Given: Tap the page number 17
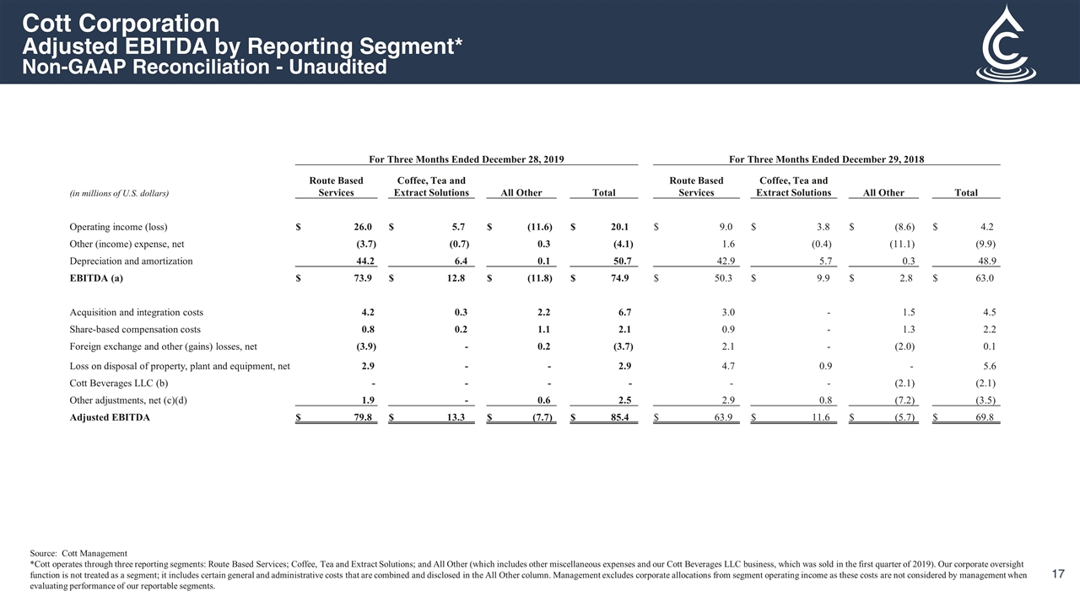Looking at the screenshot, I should click(1059, 574).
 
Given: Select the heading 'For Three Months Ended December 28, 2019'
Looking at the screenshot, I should click(467, 158).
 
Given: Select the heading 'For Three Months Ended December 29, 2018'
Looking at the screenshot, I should click(826, 158).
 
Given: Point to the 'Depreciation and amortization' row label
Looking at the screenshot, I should click(131, 261).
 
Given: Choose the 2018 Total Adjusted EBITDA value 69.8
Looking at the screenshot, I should click(985, 417).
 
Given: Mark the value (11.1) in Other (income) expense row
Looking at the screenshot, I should click(900, 244).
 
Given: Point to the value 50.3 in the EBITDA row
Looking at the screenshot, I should click(723, 279).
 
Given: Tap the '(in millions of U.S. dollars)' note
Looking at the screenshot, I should click(119, 193).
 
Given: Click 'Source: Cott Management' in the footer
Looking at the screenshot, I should click(78, 553).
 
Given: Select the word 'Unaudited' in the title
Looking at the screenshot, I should click(337, 67).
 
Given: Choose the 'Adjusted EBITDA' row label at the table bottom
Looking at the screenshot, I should click(110, 417).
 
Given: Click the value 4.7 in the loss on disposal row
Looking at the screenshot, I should click(726, 366).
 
